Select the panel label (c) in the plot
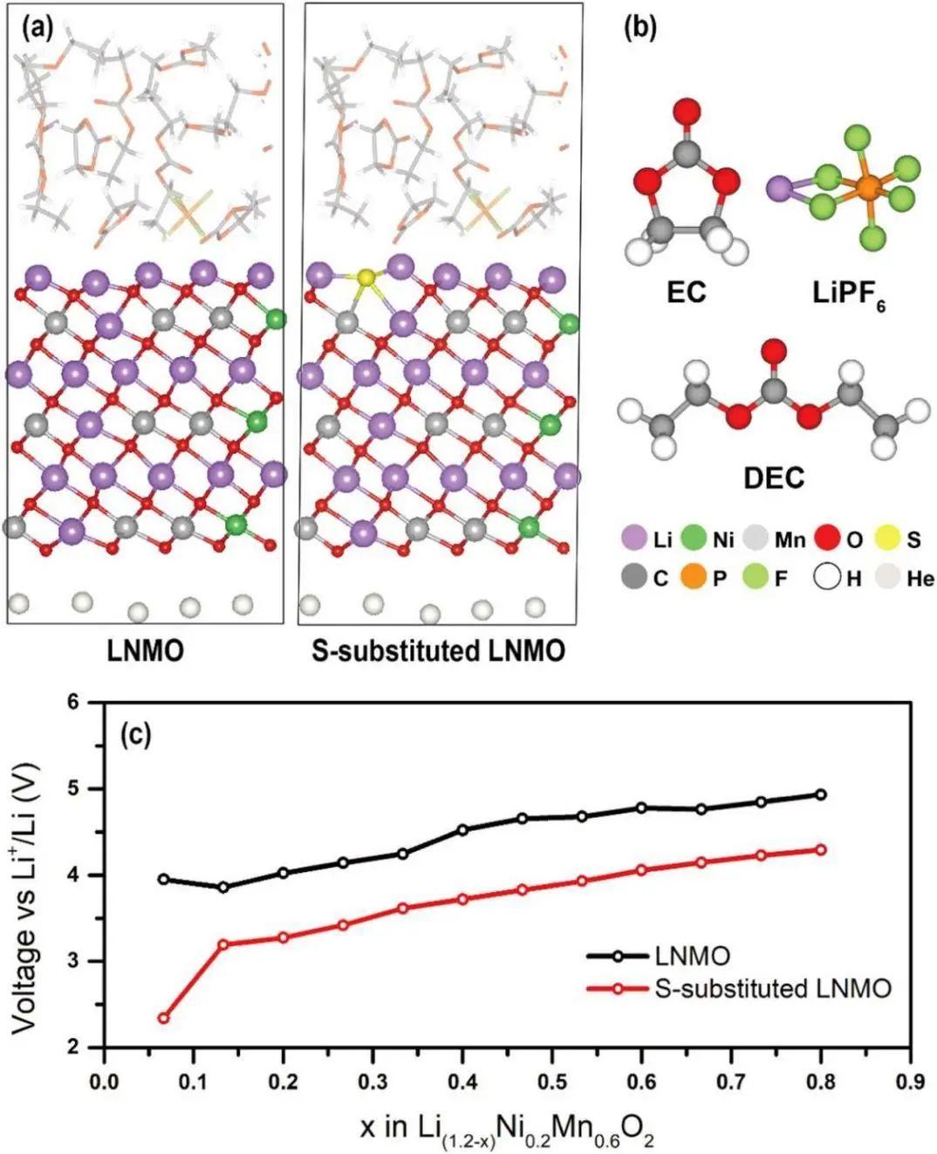pos(136,735)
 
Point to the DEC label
pos(773,477)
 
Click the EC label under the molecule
pos(686,292)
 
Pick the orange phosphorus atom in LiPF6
pos(866,186)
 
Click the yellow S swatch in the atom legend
pos(888,539)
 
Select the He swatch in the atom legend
pos(888,578)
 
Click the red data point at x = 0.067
pos(163,1018)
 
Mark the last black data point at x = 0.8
pos(821,794)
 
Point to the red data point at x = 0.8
pos(821,849)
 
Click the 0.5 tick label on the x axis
pos(551,1082)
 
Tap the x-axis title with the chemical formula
pos(507,1130)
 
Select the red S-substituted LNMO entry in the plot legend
pos(772,989)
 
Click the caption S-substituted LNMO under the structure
pos(438,650)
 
